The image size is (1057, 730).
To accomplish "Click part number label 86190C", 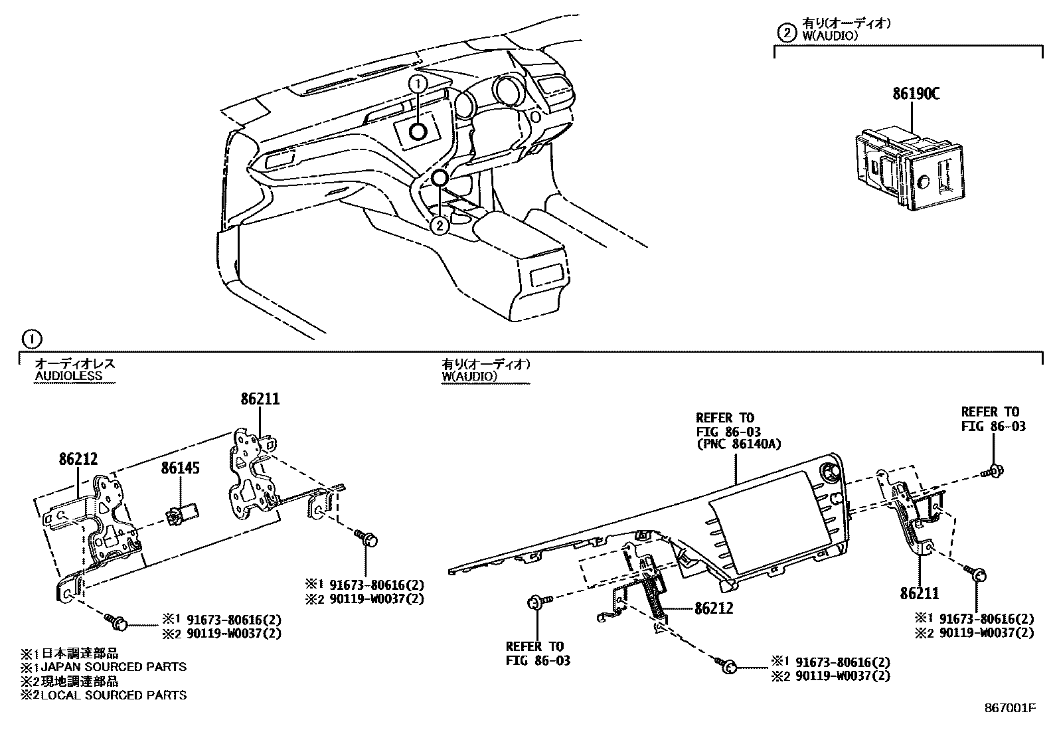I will pyautogui.click(x=916, y=94).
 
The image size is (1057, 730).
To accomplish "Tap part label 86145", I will pyautogui.click(x=180, y=469).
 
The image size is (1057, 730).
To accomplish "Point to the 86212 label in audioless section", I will pyautogui.click(x=78, y=459).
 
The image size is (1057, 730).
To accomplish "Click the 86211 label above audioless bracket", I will pyautogui.click(x=260, y=399).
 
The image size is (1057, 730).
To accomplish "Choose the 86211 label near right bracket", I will pyautogui.click(x=920, y=593).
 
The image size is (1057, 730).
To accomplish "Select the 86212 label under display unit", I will pyautogui.click(x=714, y=608).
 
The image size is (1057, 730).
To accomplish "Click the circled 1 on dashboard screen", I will pyautogui.click(x=418, y=84).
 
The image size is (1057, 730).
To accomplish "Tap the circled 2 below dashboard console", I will pyautogui.click(x=439, y=226).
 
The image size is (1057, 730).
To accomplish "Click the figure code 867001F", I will pyautogui.click(x=1010, y=708).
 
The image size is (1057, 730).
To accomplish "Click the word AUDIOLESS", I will pyautogui.click(x=68, y=375).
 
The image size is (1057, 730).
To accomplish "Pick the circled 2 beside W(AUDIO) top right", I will pyautogui.click(x=785, y=33).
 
